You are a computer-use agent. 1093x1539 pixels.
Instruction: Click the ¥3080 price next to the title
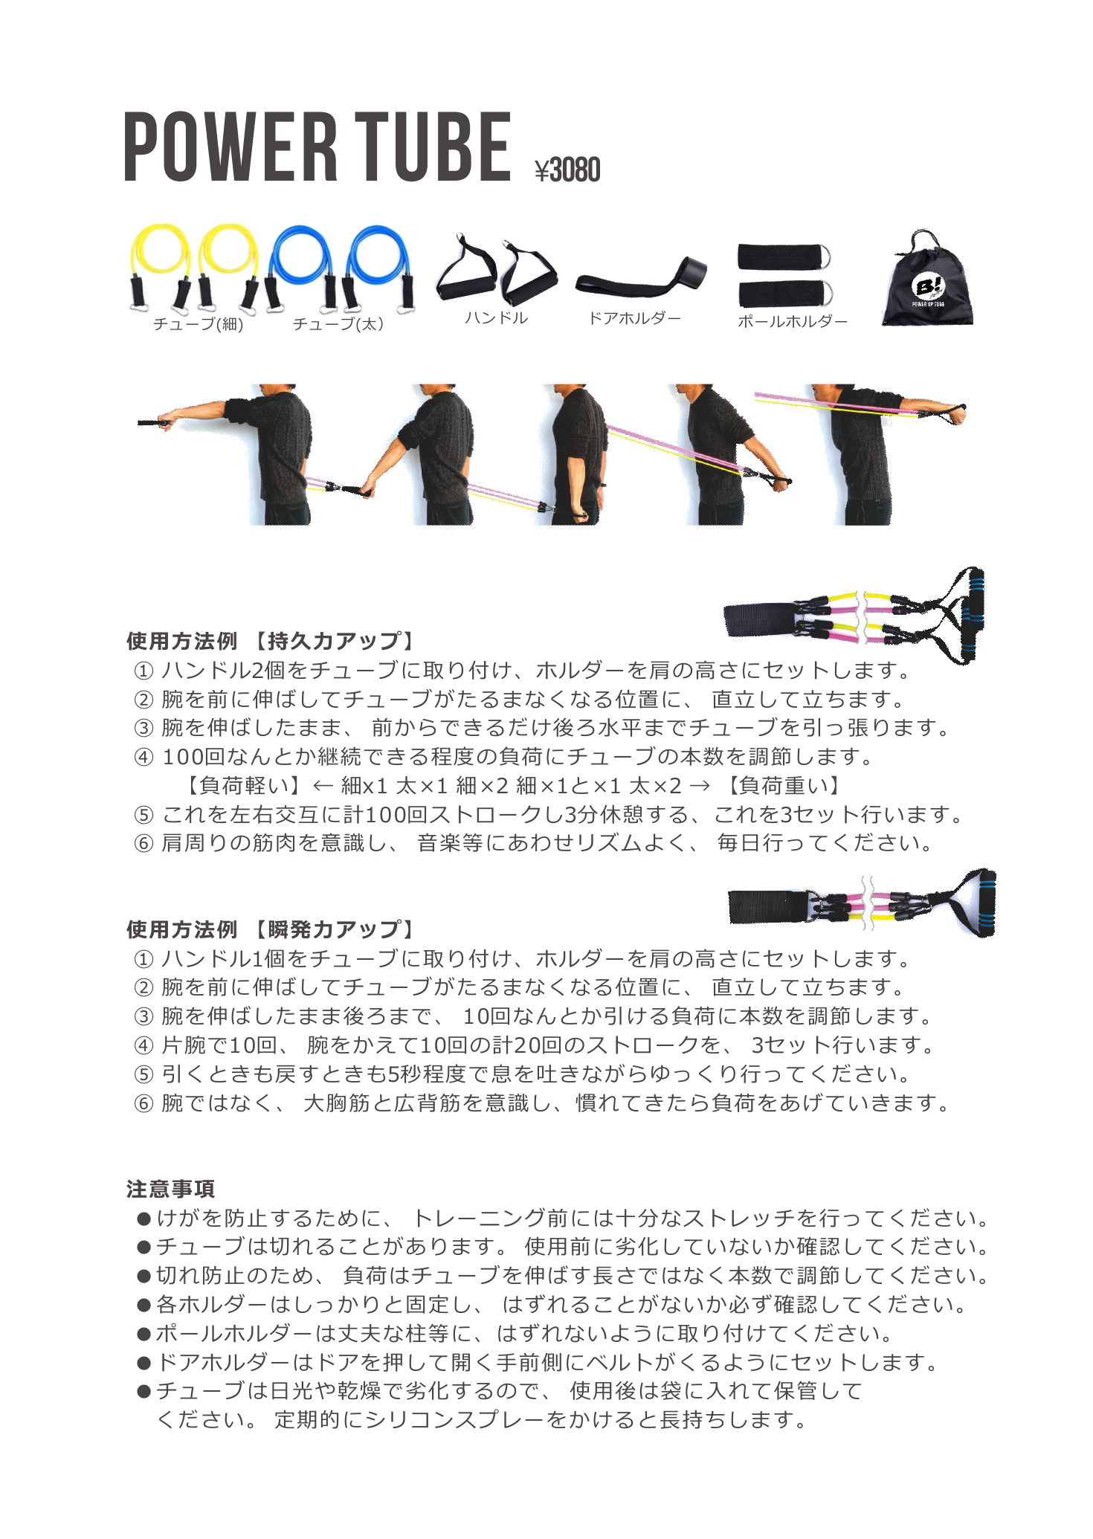click(567, 170)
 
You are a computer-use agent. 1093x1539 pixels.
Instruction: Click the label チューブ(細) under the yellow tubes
click(199, 324)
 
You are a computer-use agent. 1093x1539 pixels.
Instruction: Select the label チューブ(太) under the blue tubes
click(338, 324)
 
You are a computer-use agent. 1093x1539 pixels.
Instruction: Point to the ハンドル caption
click(496, 318)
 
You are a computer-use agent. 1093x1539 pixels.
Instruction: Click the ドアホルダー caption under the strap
click(634, 318)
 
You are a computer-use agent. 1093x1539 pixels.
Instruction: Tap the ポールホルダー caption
click(792, 322)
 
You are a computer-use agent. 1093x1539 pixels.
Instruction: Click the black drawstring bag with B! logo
click(927, 283)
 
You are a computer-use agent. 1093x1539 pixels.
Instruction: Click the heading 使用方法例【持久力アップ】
click(271, 641)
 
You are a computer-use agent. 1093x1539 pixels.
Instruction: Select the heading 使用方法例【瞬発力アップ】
click(271, 929)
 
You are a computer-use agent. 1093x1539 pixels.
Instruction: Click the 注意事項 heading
click(170, 1189)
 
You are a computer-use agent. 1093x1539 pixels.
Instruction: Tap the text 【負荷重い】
click(784, 785)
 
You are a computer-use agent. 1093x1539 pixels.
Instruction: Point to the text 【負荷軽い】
click(244, 785)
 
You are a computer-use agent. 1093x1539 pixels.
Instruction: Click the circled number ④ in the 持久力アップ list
click(144, 758)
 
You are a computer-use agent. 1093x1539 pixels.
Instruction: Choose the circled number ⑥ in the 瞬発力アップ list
click(144, 1104)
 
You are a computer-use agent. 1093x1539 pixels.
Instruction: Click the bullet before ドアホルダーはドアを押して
click(144, 1364)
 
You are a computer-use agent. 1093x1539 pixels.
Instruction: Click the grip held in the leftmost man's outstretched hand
click(155, 423)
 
